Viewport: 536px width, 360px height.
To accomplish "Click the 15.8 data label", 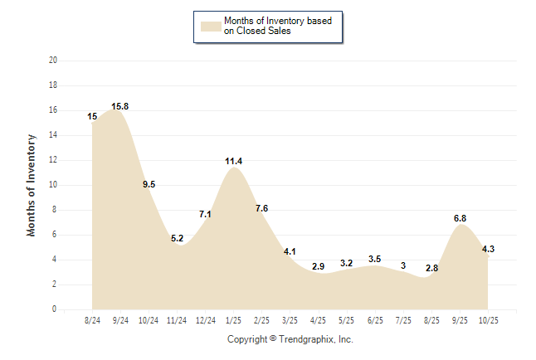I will point(120,106).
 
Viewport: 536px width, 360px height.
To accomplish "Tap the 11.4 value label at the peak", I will point(233,161).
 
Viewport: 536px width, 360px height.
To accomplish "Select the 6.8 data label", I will point(460,218).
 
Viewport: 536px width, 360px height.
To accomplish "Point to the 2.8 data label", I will point(431,269).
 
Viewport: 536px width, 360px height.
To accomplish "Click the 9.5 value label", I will point(149,185).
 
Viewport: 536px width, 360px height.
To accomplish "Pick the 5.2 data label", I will point(178,239).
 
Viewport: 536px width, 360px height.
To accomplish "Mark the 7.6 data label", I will point(261,208).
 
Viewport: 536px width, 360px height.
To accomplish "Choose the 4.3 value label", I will point(488,249).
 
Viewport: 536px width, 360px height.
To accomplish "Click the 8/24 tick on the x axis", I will point(92,320).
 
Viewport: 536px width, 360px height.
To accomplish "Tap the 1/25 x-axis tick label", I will point(233,320).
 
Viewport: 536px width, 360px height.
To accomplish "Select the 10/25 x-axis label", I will point(487,320).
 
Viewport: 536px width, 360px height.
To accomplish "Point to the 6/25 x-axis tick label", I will point(374,320).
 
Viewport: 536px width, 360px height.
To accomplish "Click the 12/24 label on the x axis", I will point(205,320).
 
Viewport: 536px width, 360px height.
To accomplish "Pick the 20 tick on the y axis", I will point(53,61).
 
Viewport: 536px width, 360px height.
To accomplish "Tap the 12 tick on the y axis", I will point(53,160).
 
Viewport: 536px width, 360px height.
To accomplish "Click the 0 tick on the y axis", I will point(55,309).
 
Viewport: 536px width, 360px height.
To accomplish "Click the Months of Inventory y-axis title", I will point(32,185).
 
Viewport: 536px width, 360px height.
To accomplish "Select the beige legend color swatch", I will point(211,26).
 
